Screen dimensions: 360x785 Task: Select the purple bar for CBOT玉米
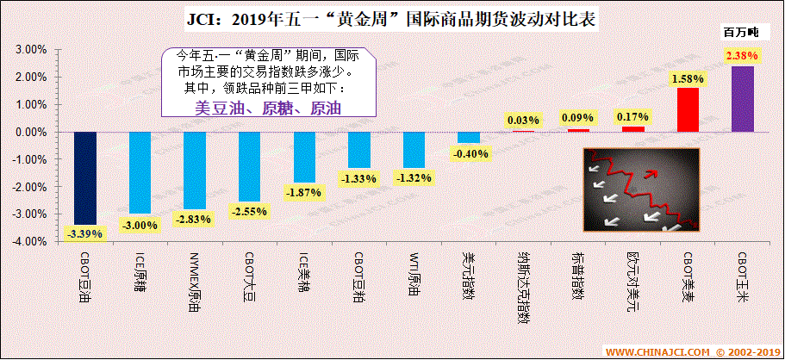[742, 99]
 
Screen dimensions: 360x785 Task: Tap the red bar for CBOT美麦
[688, 109]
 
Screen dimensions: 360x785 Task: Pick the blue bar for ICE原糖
[140, 172]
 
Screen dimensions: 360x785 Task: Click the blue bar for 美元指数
[469, 137]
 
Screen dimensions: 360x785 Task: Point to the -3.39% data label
[84, 233]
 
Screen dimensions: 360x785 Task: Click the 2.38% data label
[742, 56]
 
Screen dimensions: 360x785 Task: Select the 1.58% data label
[688, 78]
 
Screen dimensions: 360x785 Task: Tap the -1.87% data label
[304, 191]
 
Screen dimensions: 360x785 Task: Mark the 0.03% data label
[523, 120]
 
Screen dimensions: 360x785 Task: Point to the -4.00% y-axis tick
[28, 241]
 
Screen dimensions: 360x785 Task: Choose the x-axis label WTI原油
[414, 275]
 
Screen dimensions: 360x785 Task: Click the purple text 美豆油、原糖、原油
[269, 109]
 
